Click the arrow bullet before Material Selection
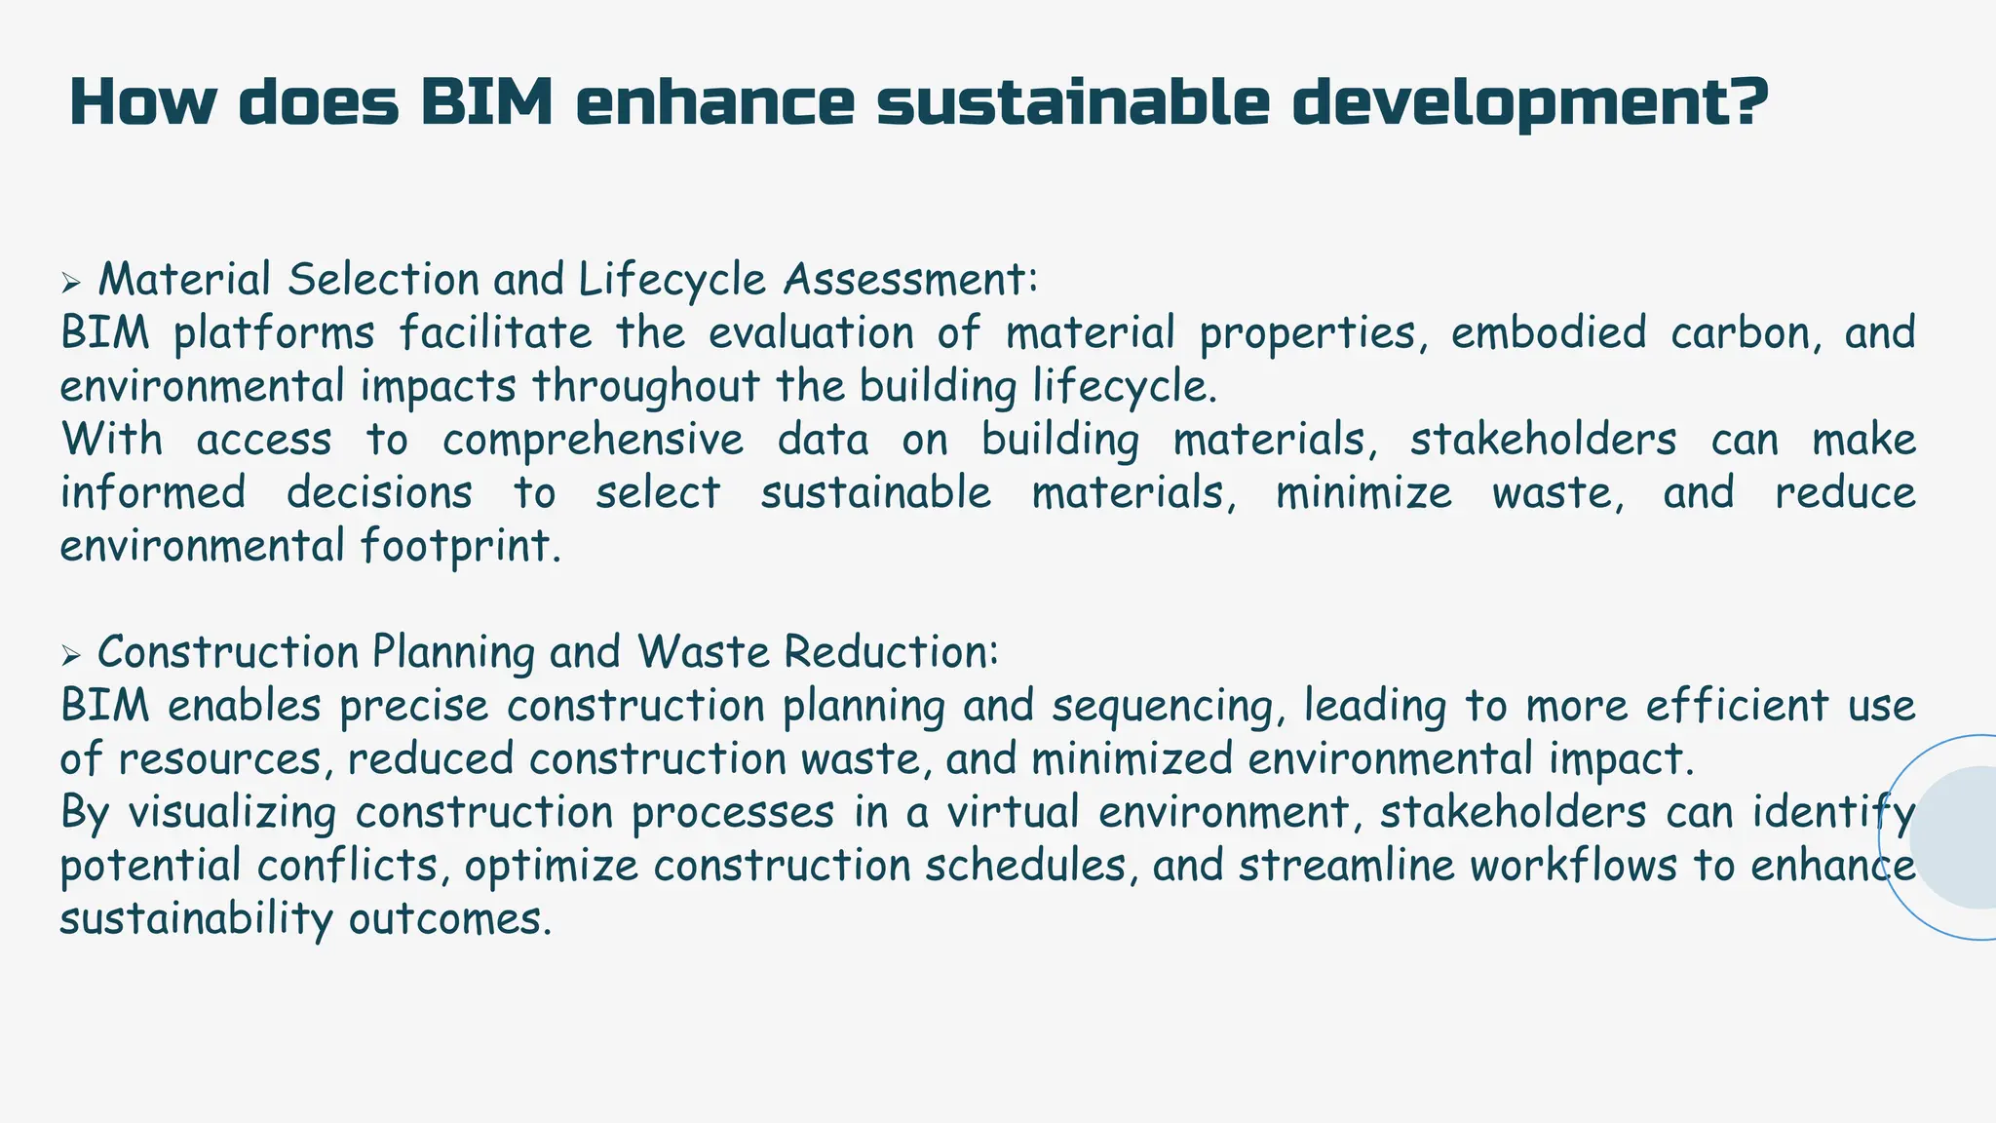coord(69,284)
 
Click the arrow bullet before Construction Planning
coord(69,656)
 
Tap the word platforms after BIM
coord(273,333)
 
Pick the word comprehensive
coord(593,440)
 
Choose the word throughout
coord(645,387)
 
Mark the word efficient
coord(1737,706)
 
